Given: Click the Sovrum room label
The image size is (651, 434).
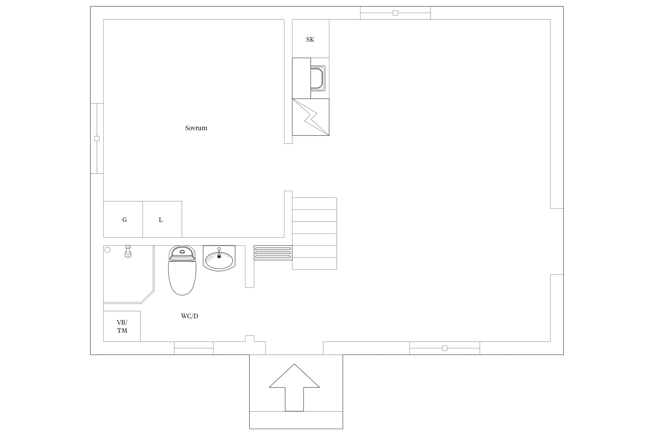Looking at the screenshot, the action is (x=196, y=128).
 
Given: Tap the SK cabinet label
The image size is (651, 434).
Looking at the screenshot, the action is (x=310, y=39).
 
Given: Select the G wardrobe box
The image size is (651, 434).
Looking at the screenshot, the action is (x=123, y=219).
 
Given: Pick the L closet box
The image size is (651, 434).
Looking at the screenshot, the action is (x=162, y=219).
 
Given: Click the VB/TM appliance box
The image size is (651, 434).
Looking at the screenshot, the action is (x=122, y=326).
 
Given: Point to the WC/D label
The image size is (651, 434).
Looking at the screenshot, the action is (x=190, y=316).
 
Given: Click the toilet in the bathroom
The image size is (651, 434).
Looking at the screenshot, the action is (x=182, y=270).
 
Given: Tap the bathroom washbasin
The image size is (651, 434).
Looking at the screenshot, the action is (x=219, y=258).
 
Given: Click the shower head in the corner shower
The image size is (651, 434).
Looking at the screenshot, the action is (x=128, y=251).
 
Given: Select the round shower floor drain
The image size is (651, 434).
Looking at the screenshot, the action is (x=107, y=250).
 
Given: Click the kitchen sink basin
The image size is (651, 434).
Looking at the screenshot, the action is (x=318, y=78).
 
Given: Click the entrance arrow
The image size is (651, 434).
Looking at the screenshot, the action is (x=294, y=387).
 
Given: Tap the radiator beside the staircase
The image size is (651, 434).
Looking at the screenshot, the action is (x=273, y=253).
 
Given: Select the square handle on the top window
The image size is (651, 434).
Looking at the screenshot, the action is (x=395, y=13).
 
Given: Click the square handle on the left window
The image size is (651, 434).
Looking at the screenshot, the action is (x=97, y=139).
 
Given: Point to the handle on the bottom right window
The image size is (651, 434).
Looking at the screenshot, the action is (x=445, y=348).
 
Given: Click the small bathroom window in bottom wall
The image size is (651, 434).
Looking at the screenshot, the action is (x=194, y=348).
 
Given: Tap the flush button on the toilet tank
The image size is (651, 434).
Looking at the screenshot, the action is (x=182, y=252).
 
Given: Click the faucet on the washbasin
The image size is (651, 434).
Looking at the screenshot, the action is (x=219, y=252).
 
